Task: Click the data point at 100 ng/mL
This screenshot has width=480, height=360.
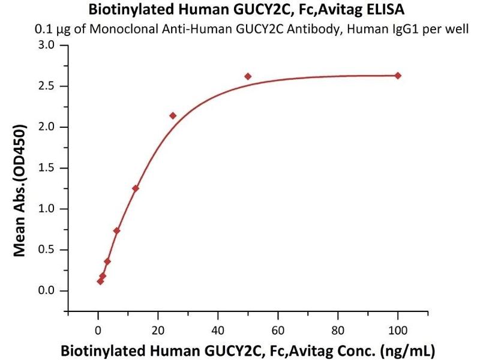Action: pos(397,76)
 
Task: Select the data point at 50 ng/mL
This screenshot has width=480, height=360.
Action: pos(248,76)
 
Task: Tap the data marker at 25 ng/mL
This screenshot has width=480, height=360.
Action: pos(173,115)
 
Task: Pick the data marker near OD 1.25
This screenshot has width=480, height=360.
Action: pos(136,188)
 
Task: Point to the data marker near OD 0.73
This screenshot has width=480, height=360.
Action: pos(116,230)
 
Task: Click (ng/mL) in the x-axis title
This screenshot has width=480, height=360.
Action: pos(410,349)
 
